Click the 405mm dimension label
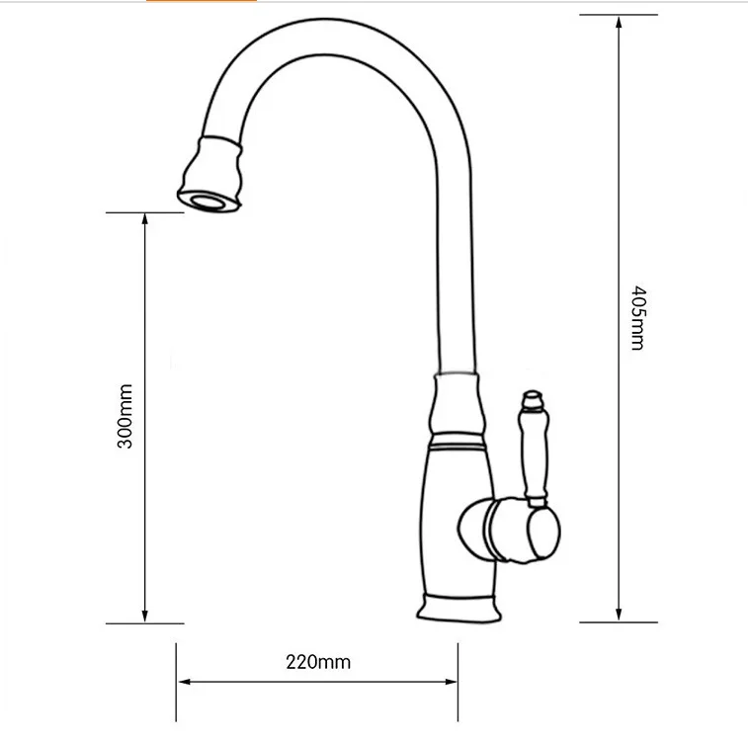637,318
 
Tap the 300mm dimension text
125,416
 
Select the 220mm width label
318,662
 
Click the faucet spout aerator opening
208,201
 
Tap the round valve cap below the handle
543,534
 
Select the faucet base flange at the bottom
458,609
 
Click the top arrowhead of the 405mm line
619,22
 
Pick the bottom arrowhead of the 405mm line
619,615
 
